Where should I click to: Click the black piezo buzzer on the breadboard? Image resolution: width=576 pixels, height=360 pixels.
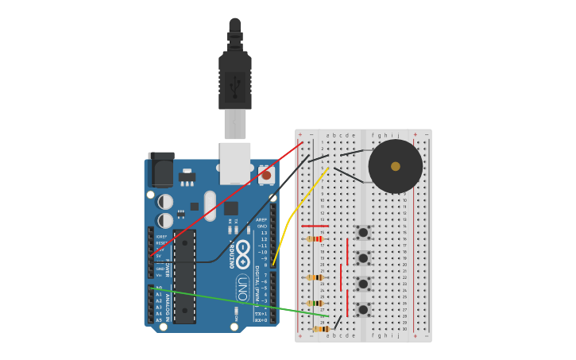tap(395, 166)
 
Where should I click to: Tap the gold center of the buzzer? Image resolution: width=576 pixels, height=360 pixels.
tap(396, 166)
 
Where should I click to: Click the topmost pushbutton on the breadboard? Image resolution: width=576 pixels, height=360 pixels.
tap(362, 233)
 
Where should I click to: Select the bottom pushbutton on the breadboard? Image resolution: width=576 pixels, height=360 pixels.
tap(362, 309)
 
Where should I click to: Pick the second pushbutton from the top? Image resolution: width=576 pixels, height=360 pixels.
tap(362, 258)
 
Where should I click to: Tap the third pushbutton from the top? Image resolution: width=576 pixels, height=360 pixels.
tap(362, 284)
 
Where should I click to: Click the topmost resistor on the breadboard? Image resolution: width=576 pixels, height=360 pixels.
tap(315, 238)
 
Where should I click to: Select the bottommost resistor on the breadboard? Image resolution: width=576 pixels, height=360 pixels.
tap(321, 328)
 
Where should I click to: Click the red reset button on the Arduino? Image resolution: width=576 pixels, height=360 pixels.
tap(266, 175)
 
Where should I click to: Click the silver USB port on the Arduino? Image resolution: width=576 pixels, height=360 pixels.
tap(235, 162)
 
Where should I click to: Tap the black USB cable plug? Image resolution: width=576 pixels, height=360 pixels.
tap(235, 80)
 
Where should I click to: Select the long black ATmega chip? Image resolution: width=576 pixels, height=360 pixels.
tap(184, 277)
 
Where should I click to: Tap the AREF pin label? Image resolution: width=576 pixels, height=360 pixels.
tap(261, 220)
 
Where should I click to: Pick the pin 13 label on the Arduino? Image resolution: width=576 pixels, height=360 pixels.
tap(264, 233)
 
